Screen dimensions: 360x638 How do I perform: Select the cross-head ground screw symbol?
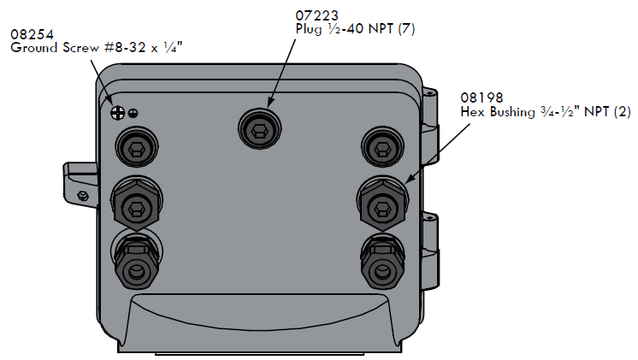tap(117, 111)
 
